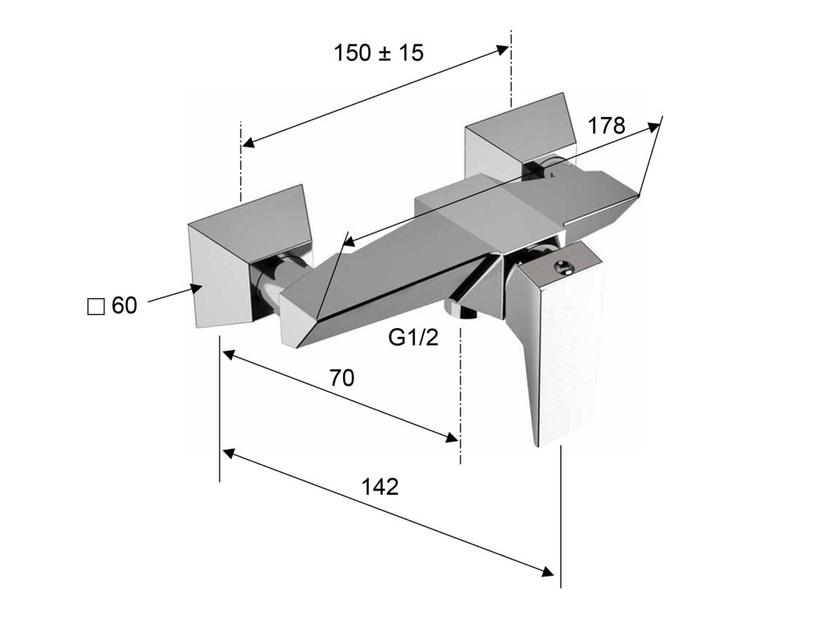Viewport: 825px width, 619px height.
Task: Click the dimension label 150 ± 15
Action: [x=378, y=53]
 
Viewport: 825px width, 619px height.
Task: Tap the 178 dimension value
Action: [x=606, y=126]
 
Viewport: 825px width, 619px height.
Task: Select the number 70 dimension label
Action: [x=342, y=378]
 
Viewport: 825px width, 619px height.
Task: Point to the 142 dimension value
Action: [x=381, y=486]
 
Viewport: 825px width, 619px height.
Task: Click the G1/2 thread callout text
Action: [x=413, y=338]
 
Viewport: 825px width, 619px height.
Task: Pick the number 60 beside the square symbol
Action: [x=124, y=306]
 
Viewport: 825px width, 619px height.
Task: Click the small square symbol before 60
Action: [x=96, y=307]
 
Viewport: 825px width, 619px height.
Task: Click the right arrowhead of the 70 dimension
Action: [x=452, y=437]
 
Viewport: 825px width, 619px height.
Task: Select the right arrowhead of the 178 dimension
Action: [x=654, y=125]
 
